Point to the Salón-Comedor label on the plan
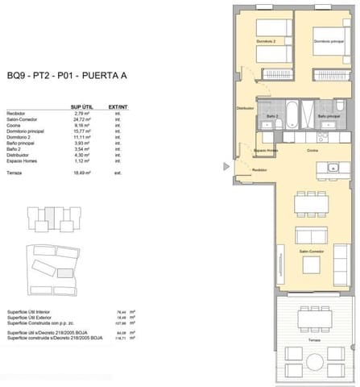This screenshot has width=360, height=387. (312, 252)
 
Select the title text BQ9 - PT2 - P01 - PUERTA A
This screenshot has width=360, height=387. (67, 77)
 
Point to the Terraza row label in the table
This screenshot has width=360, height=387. (14, 173)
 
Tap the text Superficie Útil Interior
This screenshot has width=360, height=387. (31, 312)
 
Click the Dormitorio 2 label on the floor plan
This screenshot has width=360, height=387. (267, 42)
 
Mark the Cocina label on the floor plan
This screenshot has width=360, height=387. (312, 150)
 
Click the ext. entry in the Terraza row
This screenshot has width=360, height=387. (118, 173)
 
